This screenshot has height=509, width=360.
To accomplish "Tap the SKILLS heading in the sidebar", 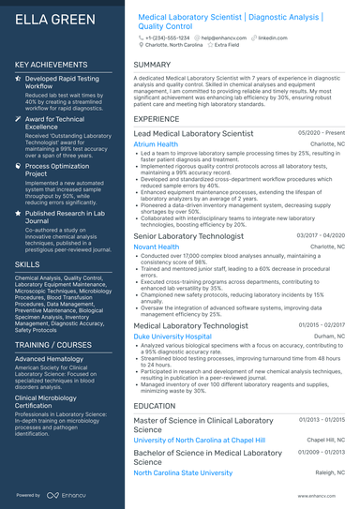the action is click(27, 265).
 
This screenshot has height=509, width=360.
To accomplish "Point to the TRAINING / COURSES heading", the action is click(53, 345).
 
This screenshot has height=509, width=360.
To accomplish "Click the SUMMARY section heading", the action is click(152, 65).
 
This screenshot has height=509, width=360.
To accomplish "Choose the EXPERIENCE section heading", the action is click(157, 120).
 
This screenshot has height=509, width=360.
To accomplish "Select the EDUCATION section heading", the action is click(155, 406).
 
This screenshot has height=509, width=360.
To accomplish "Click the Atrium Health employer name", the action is click(156, 145).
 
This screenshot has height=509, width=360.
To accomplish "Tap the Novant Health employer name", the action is click(157, 247).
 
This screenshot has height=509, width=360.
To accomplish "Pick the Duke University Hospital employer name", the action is click(172, 336).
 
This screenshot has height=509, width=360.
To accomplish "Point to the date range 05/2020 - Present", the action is click(322, 133).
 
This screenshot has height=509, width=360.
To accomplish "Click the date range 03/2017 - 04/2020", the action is click(321, 234).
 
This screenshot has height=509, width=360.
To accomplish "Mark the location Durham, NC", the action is click(329, 336).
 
